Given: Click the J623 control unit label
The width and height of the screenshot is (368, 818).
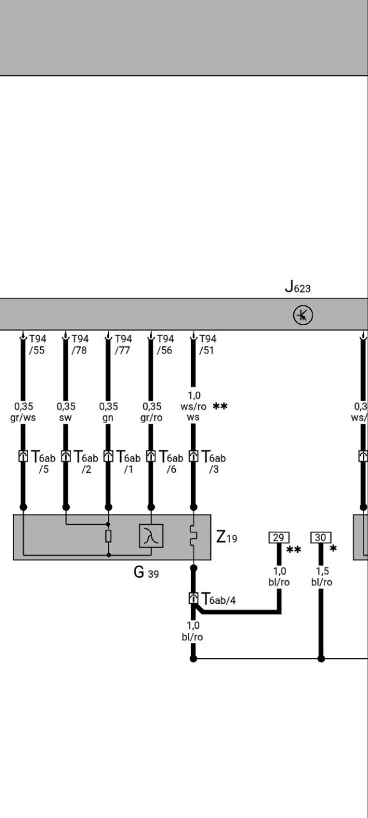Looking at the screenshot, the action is [x=298, y=287].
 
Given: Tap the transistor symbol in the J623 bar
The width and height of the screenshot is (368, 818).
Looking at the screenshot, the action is [x=303, y=315].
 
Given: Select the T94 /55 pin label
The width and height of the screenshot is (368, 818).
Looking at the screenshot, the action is [x=37, y=344].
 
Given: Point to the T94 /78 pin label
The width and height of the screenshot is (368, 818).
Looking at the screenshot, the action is [x=80, y=344].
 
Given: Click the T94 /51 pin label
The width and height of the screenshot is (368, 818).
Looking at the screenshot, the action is [x=208, y=344].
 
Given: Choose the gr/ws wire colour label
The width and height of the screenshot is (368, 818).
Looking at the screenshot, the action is [x=23, y=417].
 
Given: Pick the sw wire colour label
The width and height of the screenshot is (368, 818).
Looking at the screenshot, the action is [x=65, y=417].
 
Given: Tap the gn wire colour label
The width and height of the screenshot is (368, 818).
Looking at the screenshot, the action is [x=108, y=417].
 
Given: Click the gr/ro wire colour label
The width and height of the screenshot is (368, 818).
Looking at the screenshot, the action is [x=151, y=417].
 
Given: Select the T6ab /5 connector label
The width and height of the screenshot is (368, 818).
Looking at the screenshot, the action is [x=43, y=461].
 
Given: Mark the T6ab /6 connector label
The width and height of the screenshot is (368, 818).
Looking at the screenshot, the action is [x=171, y=461].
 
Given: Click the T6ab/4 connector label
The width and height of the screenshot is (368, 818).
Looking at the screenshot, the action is [x=218, y=599].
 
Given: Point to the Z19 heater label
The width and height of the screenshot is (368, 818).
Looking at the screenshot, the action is [x=226, y=537].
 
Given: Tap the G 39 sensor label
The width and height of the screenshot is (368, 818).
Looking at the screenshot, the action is [x=146, y=572].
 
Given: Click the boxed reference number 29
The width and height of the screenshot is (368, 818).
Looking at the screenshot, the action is [x=279, y=537].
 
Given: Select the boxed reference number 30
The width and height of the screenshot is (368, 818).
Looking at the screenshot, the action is [x=321, y=537].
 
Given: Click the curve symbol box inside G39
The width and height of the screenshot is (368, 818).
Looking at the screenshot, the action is [x=151, y=536].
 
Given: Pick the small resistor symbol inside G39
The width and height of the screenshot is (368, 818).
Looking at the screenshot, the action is [x=109, y=536].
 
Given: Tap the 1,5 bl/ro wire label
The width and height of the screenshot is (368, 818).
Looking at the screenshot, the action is [x=321, y=576].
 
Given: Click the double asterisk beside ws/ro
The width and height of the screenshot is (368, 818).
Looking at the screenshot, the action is [x=220, y=406].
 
